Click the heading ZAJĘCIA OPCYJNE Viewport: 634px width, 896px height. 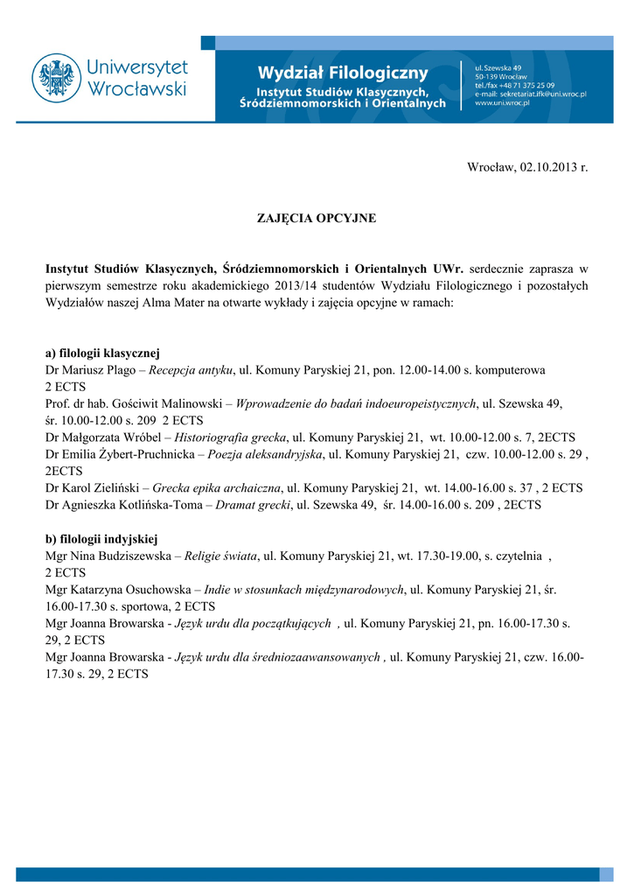[317, 218]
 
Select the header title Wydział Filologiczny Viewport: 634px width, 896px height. [343, 72]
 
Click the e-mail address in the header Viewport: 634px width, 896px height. [531, 93]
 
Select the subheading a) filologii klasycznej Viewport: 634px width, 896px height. [102, 353]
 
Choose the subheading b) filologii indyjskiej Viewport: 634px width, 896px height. [101, 536]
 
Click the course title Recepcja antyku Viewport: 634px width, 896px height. [191, 370]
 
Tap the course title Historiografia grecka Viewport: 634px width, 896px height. [231, 437]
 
